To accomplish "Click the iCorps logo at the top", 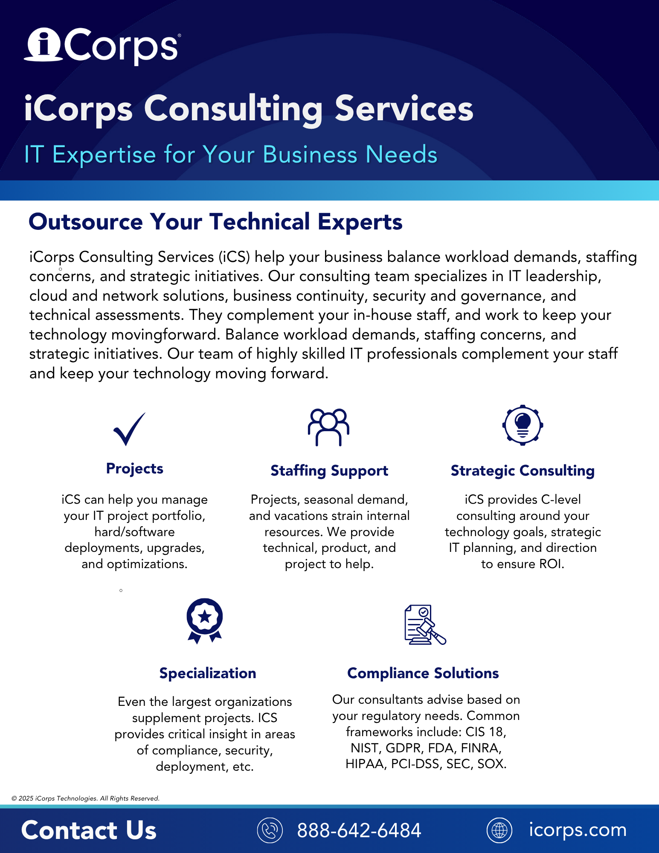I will click(102, 46).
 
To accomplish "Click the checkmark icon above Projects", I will click(129, 429).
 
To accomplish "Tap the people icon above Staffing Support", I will click(328, 427).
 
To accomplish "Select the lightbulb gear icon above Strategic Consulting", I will click(523, 425).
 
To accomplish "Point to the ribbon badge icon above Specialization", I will click(205, 621).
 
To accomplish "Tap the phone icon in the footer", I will click(270, 830).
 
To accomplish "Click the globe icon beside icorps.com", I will click(499, 830).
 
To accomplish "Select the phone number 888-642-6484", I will click(359, 830).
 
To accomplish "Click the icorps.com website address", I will click(578, 830).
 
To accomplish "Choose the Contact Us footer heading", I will click(89, 830).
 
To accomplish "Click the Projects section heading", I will click(135, 468).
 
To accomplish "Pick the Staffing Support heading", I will click(329, 470).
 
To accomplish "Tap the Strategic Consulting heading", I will click(523, 470).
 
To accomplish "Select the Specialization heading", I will click(208, 673).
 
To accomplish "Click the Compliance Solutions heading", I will click(423, 673).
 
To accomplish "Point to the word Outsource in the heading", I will click(86, 222).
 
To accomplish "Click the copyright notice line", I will click(85, 798).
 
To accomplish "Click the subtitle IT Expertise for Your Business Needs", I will click(231, 154).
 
